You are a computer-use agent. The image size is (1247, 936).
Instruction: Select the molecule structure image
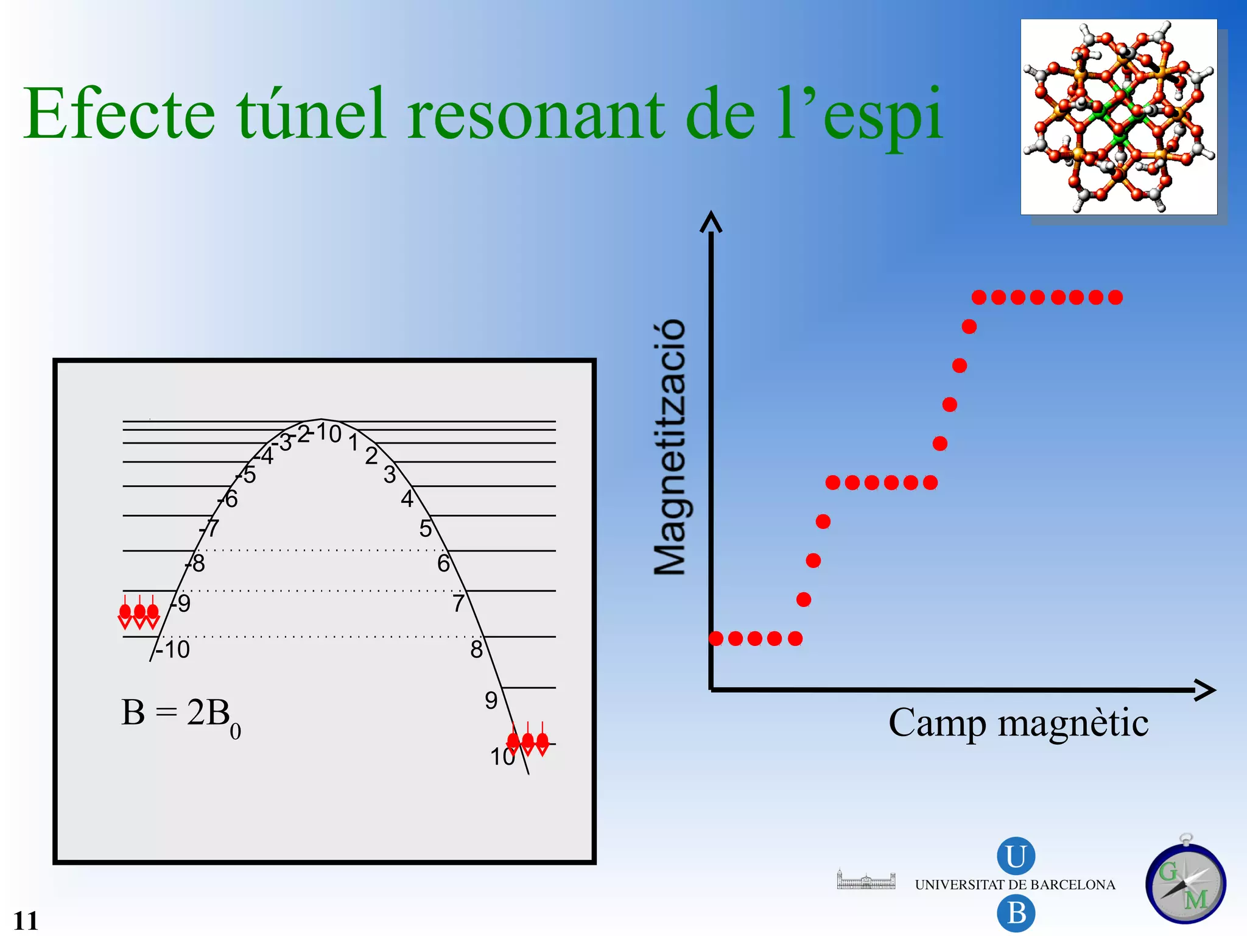click(1119, 116)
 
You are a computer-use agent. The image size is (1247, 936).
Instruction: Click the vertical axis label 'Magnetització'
click(670, 447)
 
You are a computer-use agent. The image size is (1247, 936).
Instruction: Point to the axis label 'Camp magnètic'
click(1018, 723)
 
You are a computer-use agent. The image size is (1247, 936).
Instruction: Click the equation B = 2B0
click(181, 715)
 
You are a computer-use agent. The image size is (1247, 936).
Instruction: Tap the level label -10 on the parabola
click(174, 650)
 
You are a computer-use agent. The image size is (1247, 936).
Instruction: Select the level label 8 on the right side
click(476, 650)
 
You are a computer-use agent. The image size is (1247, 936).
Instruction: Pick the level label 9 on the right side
click(491, 701)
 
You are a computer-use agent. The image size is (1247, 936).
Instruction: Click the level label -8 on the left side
click(196, 564)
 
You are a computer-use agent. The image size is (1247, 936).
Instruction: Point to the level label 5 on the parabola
click(425, 528)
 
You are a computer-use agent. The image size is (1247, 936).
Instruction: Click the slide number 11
click(26, 920)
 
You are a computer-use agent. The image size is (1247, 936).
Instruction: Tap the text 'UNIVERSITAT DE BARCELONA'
click(1015, 885)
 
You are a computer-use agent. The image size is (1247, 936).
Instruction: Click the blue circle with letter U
click(1016, 856)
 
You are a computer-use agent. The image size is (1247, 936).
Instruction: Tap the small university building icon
click(866, 880)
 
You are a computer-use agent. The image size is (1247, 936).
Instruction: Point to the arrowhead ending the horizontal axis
click(1206, 690)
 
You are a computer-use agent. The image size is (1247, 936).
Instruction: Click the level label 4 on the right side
click(407, 499)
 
